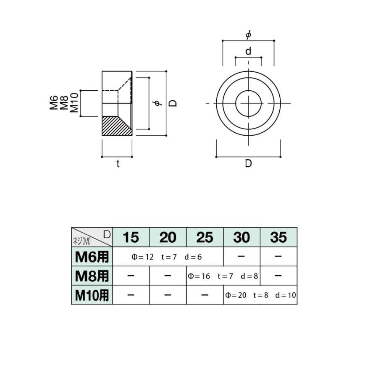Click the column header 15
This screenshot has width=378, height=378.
(x=131, y=237)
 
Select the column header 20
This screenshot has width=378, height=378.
(x=168, y=237)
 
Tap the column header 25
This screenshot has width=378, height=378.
(x=205, y=237)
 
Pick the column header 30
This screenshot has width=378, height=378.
(x=241, y=237)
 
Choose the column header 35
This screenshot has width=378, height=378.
(x=278, y=237)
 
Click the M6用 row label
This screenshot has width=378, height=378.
(x=92, y=257)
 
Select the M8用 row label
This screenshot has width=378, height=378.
(x=92, y=276)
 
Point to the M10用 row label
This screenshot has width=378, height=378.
(x=92, y=295)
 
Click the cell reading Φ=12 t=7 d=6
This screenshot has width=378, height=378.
(x=167, y=257)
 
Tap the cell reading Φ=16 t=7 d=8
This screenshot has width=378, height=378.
(x=223, y=276)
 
